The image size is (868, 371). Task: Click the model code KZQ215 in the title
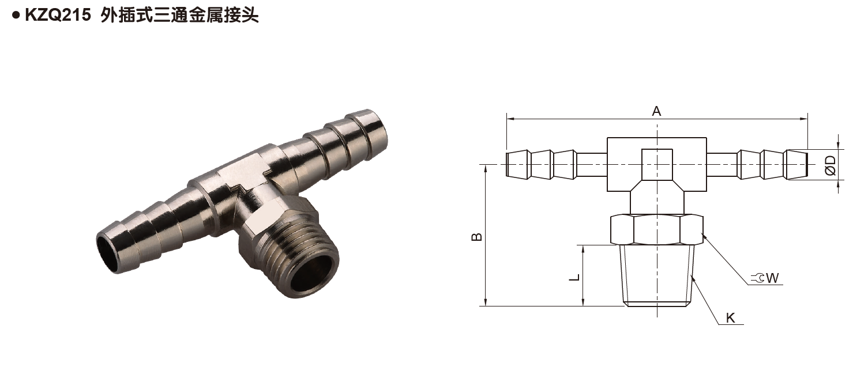point(57,16)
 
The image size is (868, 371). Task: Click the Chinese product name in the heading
point(179,16)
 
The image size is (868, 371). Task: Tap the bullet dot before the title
point(16,16)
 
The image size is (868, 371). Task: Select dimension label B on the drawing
point(477,237)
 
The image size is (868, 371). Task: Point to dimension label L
point(574,277)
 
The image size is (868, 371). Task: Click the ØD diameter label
point(831,165)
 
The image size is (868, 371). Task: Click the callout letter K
point(731,318)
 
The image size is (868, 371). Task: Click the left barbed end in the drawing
point(539,164)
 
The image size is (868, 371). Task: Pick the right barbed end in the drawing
point(773,164)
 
